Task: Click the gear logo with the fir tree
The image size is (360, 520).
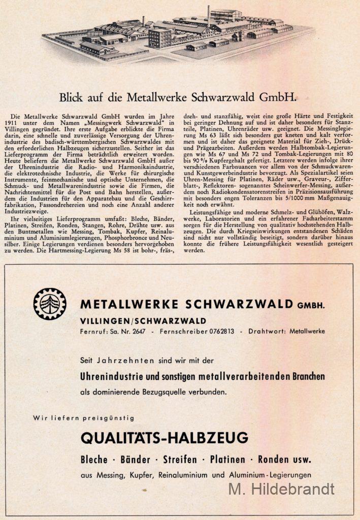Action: click(x=50, y=304)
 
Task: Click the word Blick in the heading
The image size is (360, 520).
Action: click(x=71, y=97)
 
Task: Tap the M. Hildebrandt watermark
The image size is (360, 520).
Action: click(x=281, y=489)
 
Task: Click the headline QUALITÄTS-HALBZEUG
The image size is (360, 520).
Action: click(x=165, y=437)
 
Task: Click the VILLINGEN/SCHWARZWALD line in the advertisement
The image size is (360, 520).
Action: click(x=143, y=320)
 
